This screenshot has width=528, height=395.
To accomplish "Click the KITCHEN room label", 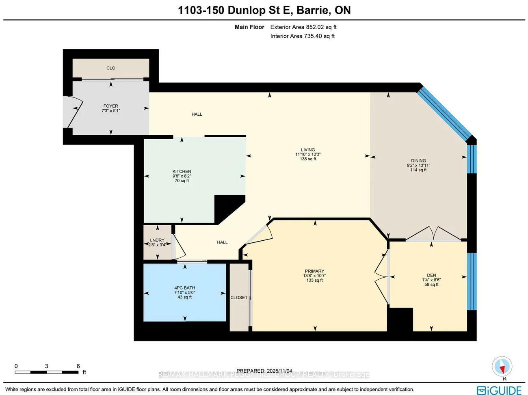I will point(182,171).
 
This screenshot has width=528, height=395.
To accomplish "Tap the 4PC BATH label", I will point(185,288).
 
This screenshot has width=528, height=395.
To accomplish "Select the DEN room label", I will point(431,275).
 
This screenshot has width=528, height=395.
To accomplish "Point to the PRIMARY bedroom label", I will point(314,271).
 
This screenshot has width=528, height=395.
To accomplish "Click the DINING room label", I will point(418,160).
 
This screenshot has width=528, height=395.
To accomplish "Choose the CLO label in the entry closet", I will point(111,68).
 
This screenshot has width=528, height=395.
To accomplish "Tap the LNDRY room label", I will point(157,240).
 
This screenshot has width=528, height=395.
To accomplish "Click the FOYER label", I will point(110,106).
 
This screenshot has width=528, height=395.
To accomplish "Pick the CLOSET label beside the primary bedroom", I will point(239,298).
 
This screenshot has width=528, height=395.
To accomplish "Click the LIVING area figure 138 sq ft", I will point(308,159).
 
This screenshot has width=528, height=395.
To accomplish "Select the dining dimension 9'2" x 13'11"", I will point(418,165).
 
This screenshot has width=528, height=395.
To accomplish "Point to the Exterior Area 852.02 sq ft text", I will point(303,27).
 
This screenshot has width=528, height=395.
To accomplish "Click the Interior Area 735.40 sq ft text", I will point(303,36).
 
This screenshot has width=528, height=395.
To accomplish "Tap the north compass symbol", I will point(502,367).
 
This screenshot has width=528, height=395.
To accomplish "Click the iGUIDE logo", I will point(499,390).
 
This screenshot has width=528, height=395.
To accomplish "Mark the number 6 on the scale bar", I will point(78,366).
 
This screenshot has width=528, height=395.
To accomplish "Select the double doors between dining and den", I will point(434,235).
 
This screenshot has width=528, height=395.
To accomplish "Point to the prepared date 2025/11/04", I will point(279,371).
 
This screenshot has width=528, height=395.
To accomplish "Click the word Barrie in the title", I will point(314,10).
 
